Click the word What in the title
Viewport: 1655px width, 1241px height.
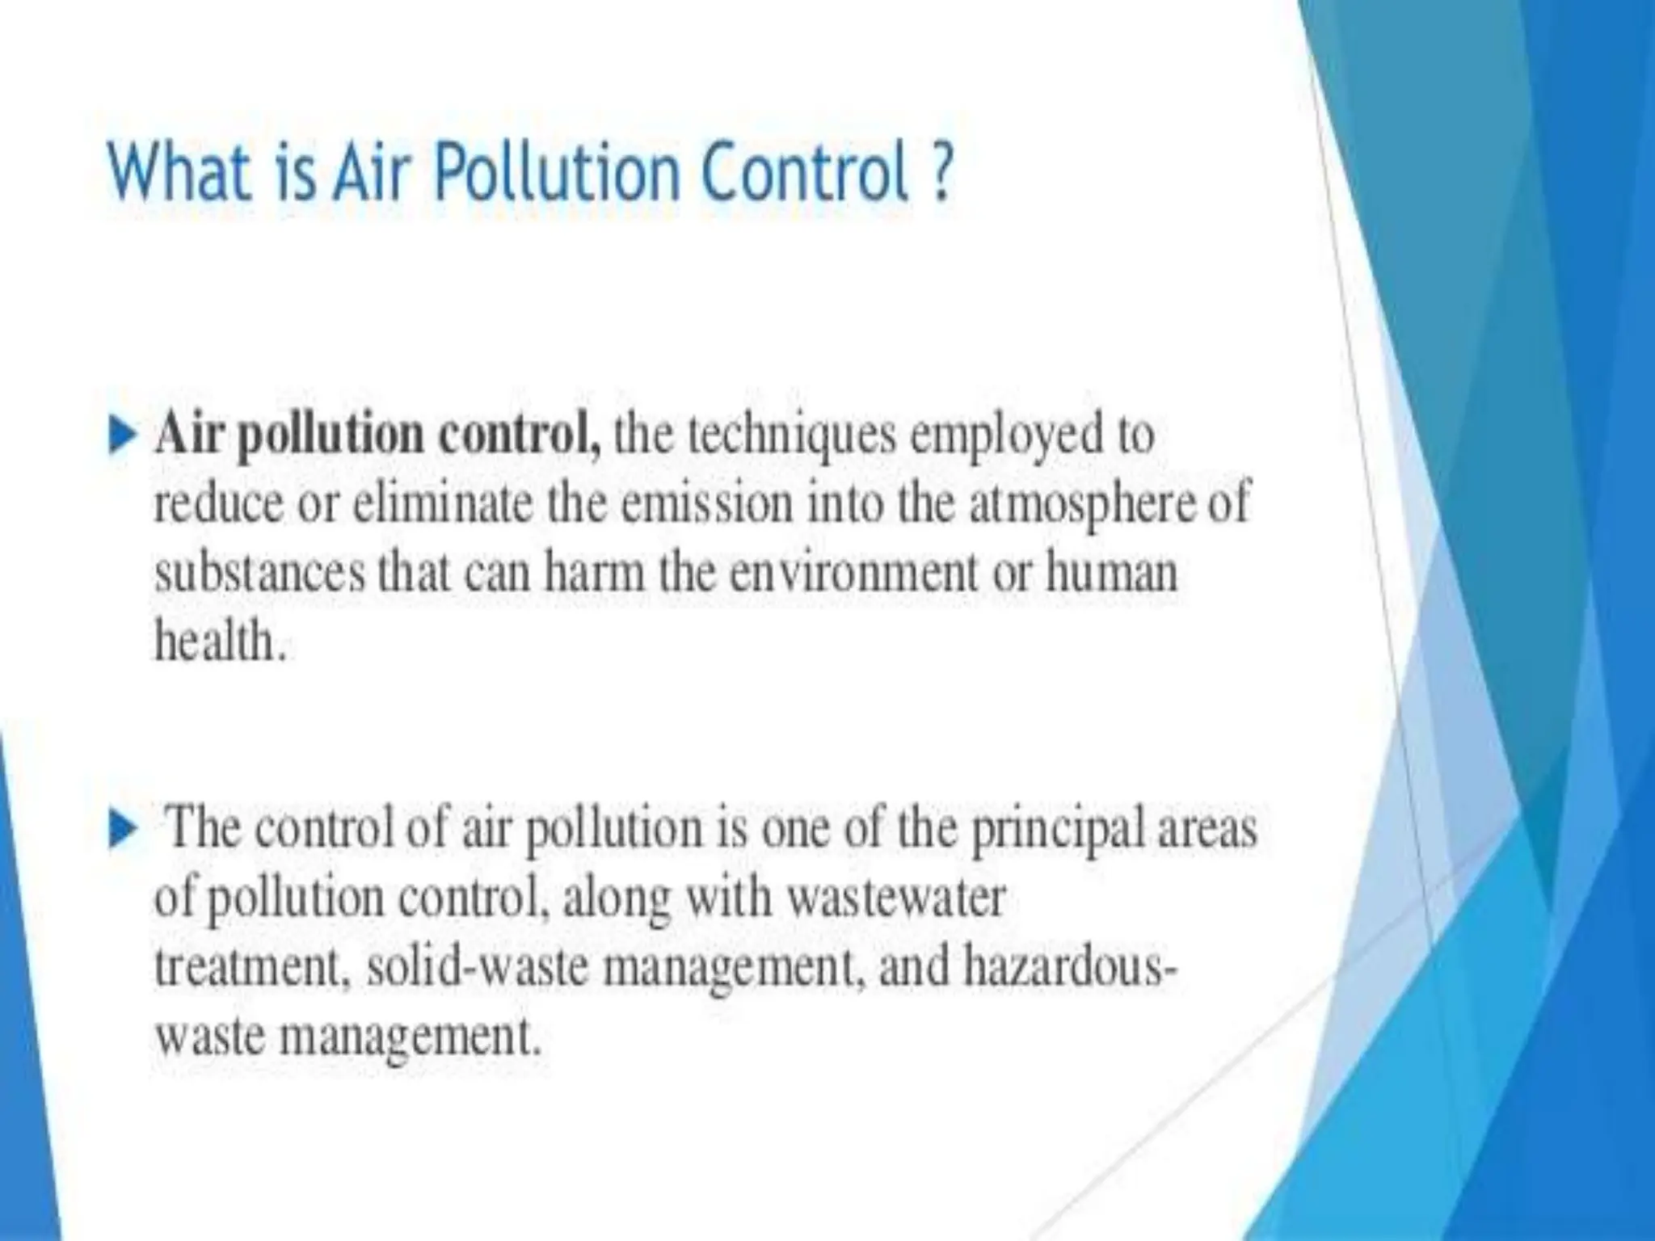click(x=179, y=173)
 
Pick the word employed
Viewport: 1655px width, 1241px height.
click(x=1007, y=437)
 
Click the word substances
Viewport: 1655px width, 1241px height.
click(x=259, y=574)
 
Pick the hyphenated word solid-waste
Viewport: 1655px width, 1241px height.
click(x=474, y=967)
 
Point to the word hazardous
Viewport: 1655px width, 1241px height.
click(x=1066, y=967)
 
